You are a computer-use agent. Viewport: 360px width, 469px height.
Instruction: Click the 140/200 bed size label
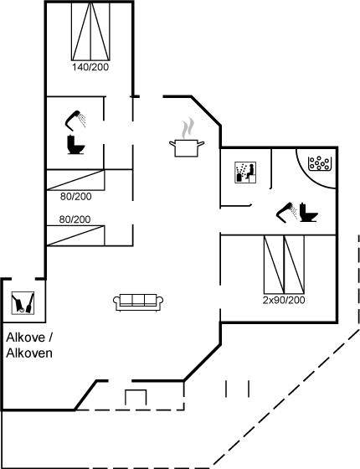coord(90,67)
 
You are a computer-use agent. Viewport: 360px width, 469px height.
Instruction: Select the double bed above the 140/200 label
coord(90,31)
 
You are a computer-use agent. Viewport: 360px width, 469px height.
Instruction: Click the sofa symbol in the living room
coord(138,302)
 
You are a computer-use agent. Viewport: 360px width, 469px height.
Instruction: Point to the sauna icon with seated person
coord(245,173)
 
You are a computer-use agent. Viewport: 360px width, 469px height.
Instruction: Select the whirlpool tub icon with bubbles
coord(319,163)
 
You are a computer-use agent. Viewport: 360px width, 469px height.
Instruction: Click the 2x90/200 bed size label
coord(284,300)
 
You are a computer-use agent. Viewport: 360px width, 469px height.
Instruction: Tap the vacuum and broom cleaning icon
coord(23,302)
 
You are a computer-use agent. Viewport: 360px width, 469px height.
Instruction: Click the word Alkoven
coord(29,353)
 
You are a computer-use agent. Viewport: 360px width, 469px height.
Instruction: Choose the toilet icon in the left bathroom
coord(76,145)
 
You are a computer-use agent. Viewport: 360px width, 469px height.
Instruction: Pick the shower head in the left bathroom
coord(75,121)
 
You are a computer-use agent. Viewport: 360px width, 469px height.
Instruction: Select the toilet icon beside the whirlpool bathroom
coord(308,213)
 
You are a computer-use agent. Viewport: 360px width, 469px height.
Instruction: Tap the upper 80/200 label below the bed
coord(76,197)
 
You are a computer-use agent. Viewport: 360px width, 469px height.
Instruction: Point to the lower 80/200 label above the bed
coord(75,219)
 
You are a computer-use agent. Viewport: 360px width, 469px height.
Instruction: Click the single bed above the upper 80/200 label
coord(75,180)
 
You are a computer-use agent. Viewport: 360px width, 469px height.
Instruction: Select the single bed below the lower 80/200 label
coord(75,235)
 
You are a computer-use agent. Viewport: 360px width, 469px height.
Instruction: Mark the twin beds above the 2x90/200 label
coord(284,265)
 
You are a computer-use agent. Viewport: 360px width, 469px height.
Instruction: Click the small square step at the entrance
coord(136,398)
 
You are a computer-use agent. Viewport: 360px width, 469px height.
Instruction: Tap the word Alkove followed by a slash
coord(29,338)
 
